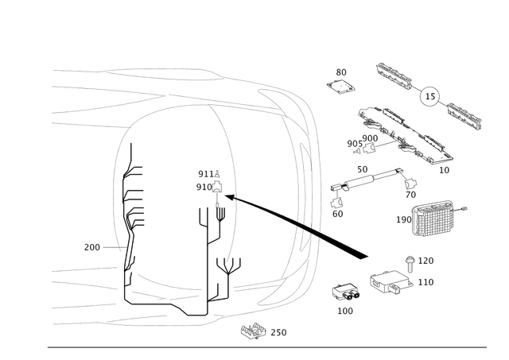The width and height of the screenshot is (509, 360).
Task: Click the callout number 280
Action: pyautogui.click(x=91, y=247)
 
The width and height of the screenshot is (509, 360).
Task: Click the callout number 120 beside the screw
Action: pyautogui.click(x=426, y=261)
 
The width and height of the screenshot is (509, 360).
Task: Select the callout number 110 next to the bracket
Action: pyautogui.click(x=426, y=281)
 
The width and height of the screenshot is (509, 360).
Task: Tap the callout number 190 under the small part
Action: pyautogui.click(x=345, y=310)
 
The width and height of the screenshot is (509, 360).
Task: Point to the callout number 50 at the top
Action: pyautogui.click(x=340, y=72)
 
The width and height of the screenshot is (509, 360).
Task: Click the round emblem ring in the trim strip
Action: pyautogui.click(x=430, y=96)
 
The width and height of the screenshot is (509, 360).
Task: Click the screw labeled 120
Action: pyautogui.click(x=410, y=258)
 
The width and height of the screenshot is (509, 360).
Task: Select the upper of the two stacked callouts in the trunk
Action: pyautogui.click(x=207, y=173)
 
